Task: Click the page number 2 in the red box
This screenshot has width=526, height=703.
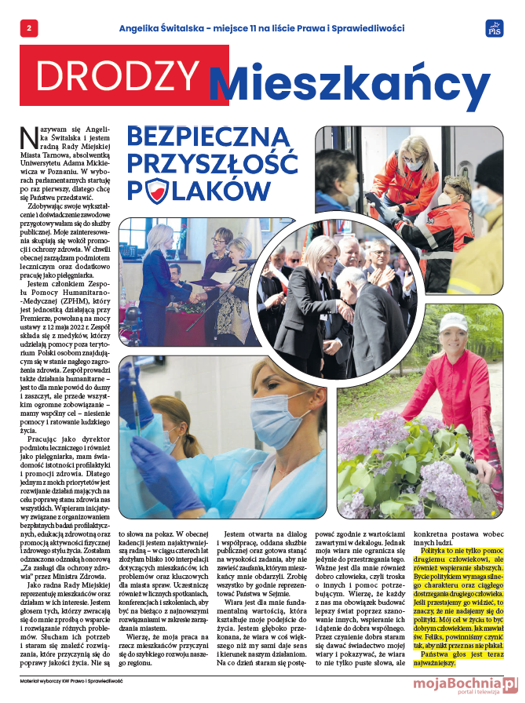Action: click(x=28, y=28)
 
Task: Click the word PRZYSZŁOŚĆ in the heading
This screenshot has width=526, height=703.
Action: click(x=212, y=166)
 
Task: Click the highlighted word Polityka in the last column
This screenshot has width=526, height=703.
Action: click(x=436, y=551)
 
